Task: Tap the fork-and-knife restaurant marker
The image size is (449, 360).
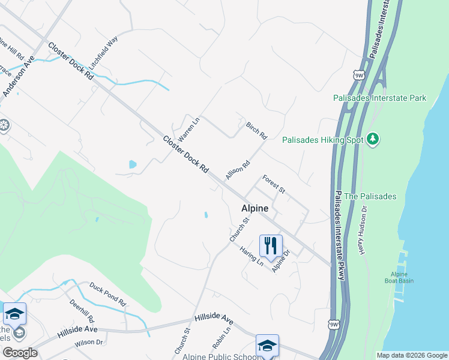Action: pos(270,245)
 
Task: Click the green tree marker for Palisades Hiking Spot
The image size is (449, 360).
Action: pos(373,139)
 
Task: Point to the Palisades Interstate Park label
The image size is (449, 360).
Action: pos(379,97)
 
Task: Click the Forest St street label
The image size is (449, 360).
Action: pos(273,184)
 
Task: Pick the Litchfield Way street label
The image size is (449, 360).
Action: pos(103,52)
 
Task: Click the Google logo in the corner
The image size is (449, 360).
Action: pos(20,353)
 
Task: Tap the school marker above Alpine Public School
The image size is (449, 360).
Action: pos(267,345)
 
